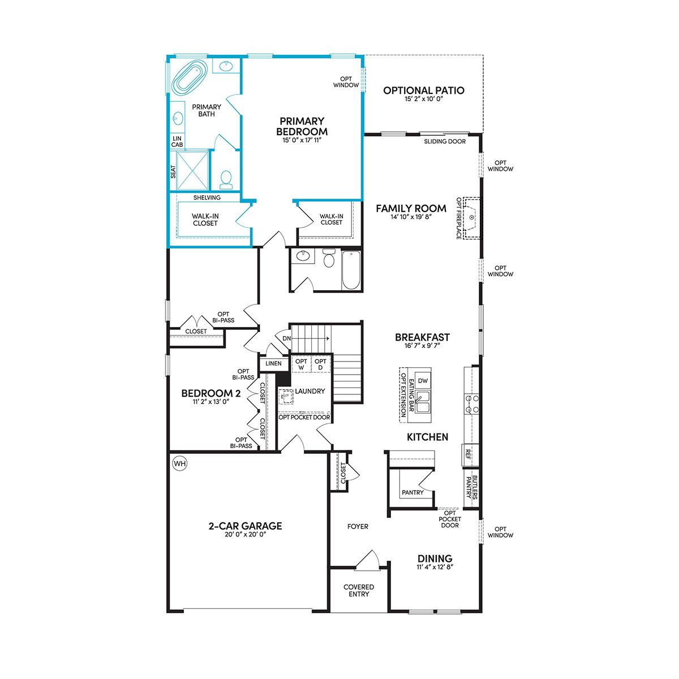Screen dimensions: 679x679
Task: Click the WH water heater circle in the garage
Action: pos(180,463)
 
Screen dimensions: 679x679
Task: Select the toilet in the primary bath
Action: pos(226,179)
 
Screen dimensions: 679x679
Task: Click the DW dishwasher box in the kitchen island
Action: pos(423,381)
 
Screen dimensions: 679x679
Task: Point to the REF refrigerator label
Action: pos(468,454)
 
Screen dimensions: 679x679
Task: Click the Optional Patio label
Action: pos(424,91)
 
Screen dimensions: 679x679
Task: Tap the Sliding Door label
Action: pos(445,141)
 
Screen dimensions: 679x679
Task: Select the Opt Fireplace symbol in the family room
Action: pos(471,218)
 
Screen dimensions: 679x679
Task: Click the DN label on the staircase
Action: pos(287,338)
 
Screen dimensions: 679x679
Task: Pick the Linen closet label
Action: pos(273,363)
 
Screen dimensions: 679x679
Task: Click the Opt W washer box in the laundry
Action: pos(301,364)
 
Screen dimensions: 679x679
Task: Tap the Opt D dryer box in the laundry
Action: pos(320,364)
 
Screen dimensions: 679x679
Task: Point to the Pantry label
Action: pos(412,492)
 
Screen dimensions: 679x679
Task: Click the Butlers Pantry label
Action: pos(471,488)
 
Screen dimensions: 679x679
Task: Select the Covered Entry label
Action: pos(359,591)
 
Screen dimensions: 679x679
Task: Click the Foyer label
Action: pos(358,526)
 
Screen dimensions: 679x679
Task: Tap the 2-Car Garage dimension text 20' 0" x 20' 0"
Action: pos(246,534)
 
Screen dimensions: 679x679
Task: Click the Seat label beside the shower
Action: pos(173,172)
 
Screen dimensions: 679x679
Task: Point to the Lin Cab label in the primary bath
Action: pos(177,141)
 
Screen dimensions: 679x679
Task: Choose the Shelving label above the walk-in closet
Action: pos(207,197)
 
